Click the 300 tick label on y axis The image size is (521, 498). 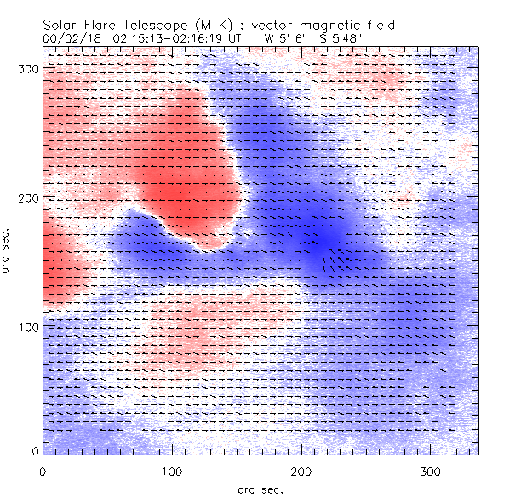(26, 67)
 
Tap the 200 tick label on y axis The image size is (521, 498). (26, 197)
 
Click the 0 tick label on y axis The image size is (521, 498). (34, 451)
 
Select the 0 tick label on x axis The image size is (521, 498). (43, 471)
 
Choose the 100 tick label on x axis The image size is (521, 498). (172, 471)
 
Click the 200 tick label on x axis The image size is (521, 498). (301, 471)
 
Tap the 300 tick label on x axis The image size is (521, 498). (431, 471)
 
